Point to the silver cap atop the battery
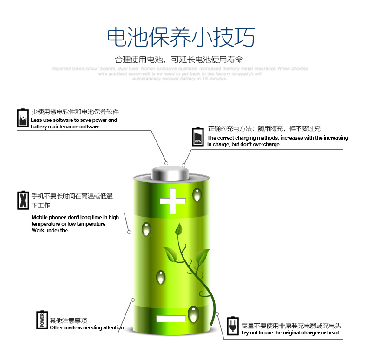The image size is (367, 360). coord(170,173)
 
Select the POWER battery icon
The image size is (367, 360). coord(43,320)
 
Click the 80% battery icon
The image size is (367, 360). coord(198,137)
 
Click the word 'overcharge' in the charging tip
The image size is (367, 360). coord(267,144)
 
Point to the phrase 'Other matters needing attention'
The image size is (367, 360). coord(86,327)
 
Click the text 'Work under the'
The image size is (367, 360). coord(50,230)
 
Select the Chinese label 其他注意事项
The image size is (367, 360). coord(68,320)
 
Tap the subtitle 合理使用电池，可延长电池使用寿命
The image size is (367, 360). coord(179,60)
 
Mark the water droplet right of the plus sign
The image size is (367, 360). coord(197,195)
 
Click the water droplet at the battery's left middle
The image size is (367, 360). coord(147,229)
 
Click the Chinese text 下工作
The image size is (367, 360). coord(41,205)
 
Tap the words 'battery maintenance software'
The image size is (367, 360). coord(65,127)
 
